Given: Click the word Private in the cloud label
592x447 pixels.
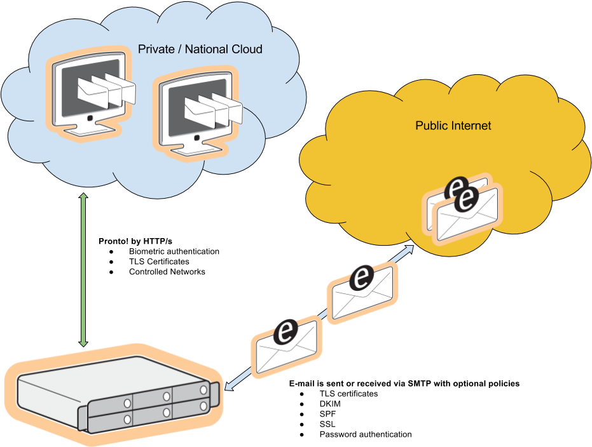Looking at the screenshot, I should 155,50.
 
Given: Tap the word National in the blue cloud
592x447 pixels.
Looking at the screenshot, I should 203,50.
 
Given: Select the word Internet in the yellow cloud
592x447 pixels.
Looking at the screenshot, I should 471,126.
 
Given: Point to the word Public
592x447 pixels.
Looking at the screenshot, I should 431,126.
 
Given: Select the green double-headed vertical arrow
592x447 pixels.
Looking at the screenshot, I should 83,270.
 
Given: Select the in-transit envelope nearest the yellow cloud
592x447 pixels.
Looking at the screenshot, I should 361,293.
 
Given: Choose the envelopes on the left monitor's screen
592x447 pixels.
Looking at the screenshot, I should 106,90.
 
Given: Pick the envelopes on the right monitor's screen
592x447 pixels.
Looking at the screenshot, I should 213,109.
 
